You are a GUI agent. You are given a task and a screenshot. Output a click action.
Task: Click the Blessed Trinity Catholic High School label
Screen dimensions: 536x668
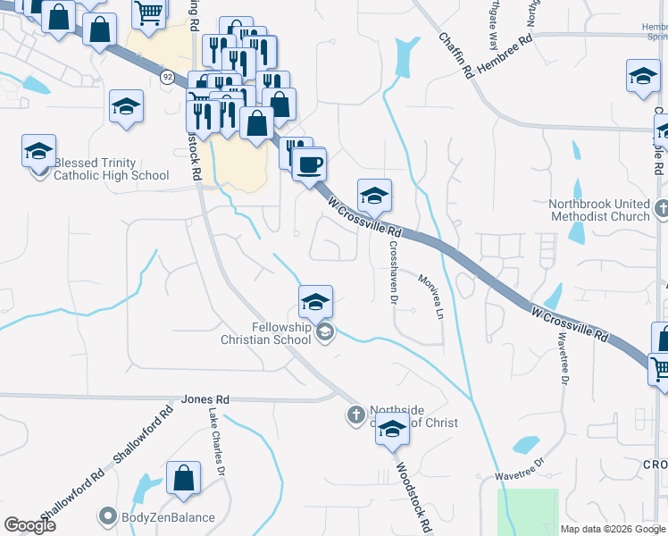(111, 169)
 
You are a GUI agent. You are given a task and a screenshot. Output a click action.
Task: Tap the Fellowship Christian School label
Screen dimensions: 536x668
(268, 333)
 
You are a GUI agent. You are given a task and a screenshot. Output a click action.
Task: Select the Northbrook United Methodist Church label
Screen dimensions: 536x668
(599, 210)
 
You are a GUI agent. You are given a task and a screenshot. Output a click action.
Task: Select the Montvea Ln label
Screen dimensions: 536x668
(430, 295)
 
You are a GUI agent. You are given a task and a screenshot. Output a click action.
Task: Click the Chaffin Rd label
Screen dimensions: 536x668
(455, 55)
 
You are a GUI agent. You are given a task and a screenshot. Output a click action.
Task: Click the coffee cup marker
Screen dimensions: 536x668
(309, 164)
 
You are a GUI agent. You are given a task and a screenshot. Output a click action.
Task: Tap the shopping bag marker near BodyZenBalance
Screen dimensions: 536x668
(183, 477)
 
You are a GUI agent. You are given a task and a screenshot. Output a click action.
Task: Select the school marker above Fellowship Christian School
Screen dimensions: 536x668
(315, 302)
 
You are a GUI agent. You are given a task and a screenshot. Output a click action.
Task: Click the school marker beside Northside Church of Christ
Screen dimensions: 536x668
(392, 429)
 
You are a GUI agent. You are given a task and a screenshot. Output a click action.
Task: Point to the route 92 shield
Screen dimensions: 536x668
(167, 78)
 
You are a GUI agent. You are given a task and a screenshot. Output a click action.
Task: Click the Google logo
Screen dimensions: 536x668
(30, 525)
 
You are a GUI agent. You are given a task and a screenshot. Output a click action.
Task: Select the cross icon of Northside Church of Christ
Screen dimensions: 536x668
(355, 415)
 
